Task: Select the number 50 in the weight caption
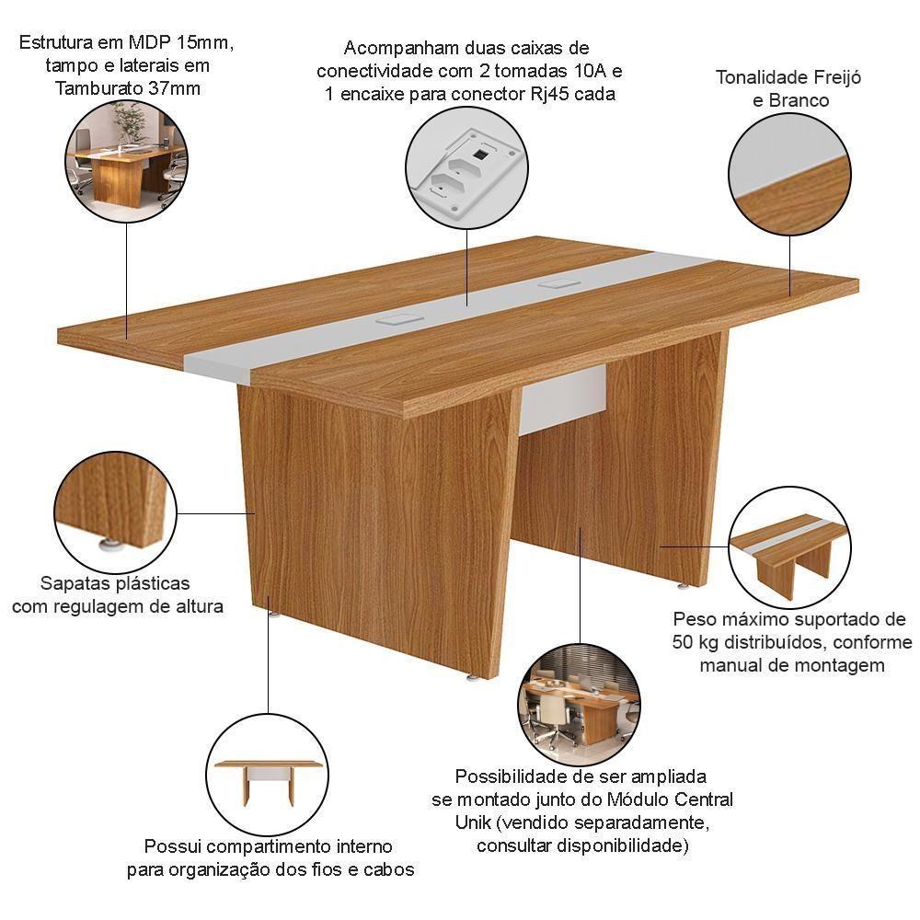[x=686, y=642]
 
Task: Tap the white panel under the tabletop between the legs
[x=563, y=400]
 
